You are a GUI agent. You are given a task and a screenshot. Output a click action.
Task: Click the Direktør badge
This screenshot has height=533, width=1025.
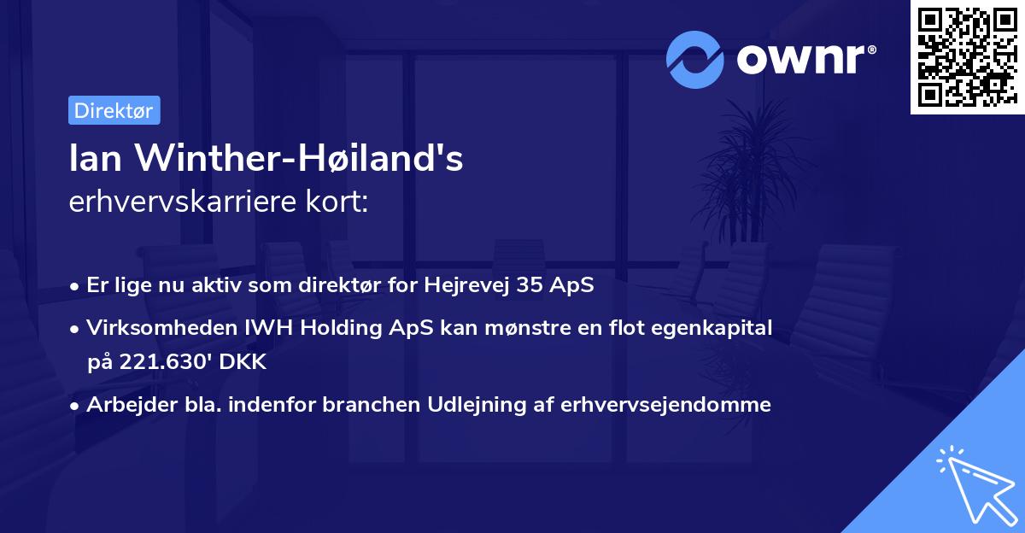coord(114,110)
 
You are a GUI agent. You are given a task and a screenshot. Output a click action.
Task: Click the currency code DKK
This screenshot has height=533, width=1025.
coord(243,362)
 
